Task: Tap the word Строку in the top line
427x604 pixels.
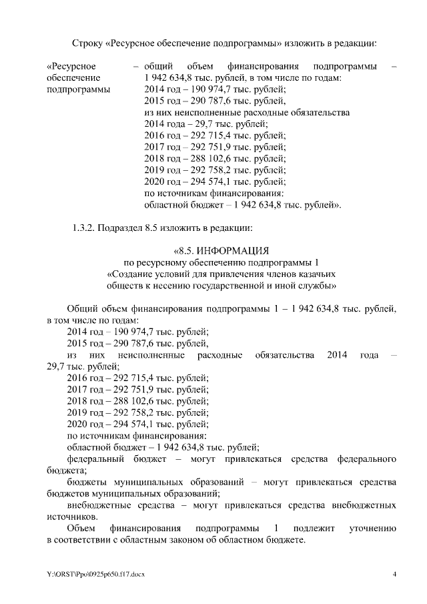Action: tap(87, 43)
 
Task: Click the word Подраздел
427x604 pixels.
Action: tap(120, 228)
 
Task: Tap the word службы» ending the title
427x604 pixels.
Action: tap(320, 286)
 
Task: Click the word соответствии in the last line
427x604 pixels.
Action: tap(82, 539)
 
